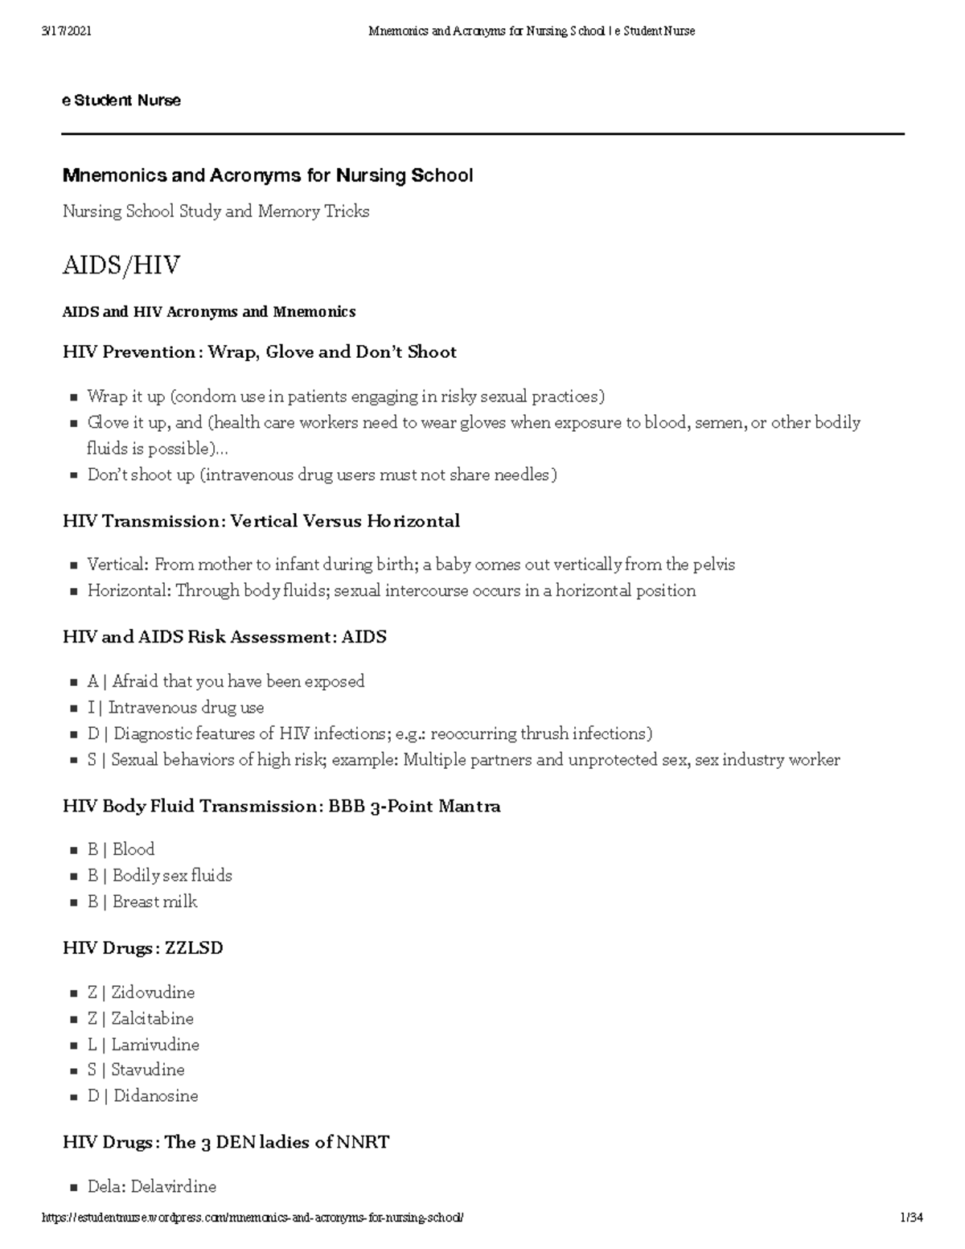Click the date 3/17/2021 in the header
[x=67, y=31]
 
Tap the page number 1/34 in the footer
[x=911, y=1218]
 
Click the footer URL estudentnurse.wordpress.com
[x=253, y=1218]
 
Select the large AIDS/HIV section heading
[x=121, y=265]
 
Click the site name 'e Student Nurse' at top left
[x=121, y=101]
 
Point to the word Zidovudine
[x=153, y=992]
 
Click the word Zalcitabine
[x=152, y=1018]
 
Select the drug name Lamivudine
[x=155, y=1045]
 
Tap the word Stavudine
[x=148, y=1070]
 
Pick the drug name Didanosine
[x=155, y=1095]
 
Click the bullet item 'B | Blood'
[x=121, y=849]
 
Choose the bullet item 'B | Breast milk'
[x=142, y=902]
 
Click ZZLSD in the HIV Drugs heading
[x=194, y=948]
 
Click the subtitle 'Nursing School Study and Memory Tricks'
[x=216, y=212]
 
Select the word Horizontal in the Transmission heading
[x=413, y=521]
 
